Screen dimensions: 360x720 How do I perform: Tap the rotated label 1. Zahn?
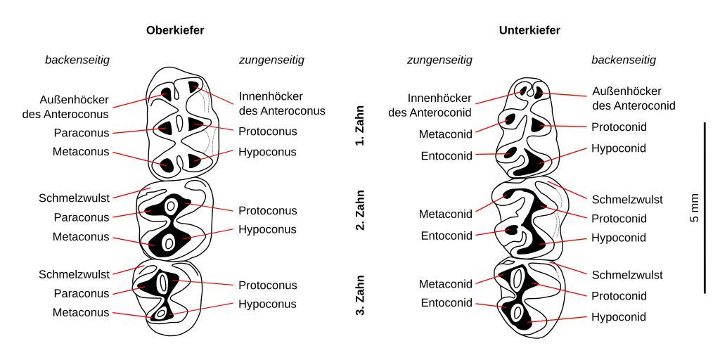pyautogui.click(x=360, y=131)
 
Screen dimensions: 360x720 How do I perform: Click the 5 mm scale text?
pyautogui.click(x=695, y=208)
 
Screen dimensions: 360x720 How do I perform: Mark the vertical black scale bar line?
pyautogui.click(x=705, y=208)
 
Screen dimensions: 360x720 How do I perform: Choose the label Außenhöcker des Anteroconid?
pyautogui.click(x=634, y=98)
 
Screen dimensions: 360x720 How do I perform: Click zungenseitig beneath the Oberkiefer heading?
pyautogui.click(x=271, y=60)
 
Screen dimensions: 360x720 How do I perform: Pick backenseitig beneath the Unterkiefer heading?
pyautogui.click(x=623, y=60)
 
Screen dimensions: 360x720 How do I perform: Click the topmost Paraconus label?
pyautogui.click(x=82, y=132)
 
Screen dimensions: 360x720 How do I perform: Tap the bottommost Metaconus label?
pyautogui.click(x=81, y=313)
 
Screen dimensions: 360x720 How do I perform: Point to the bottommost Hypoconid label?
pyautogui.click(x=618, y=317)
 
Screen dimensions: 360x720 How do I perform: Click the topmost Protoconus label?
pyautogui.click(x=267, y=131)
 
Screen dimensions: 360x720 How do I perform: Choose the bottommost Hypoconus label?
pyautogui.click(x=267, y=304)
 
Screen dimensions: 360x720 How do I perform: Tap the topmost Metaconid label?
pyautogui.click(x=446, y=134)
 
